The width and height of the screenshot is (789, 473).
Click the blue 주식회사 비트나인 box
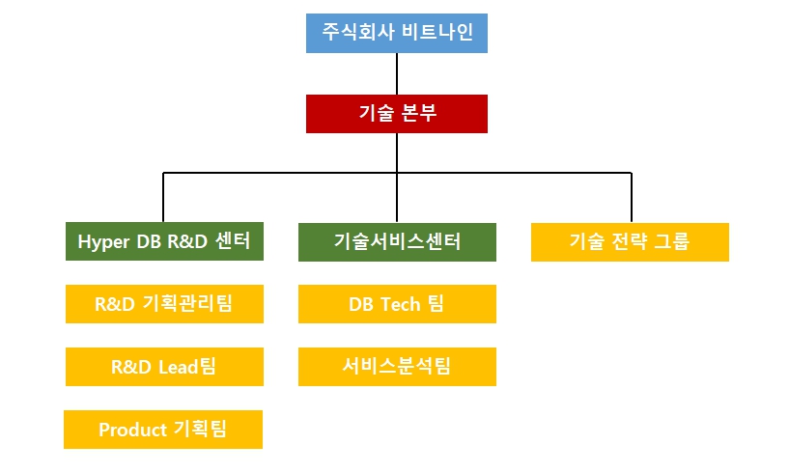click(396, 34)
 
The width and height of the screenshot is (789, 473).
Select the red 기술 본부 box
click(396, 113)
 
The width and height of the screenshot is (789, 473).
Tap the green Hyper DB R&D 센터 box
click(164, 241)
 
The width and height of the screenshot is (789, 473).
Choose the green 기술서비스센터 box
click(397, 241)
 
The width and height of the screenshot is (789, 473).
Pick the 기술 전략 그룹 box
click(630, 241)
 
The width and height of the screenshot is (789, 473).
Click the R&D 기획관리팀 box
click(164, 304)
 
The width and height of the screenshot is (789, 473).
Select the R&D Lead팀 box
click(164, 367)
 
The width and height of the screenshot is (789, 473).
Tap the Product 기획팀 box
click(163, 430)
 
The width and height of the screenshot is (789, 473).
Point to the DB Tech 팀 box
click(397, 304)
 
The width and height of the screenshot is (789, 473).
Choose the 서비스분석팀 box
click(397, 367)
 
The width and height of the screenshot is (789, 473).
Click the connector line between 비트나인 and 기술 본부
click(397, 73)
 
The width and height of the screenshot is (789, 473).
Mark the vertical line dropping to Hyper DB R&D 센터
click(163, 198)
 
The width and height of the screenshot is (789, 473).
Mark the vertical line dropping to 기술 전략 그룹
click(631, 198)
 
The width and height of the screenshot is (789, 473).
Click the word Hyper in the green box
click(102, 241)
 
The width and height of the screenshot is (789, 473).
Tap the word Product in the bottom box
click(132, 430)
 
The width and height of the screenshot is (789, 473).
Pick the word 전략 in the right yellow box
click(629, 241)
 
